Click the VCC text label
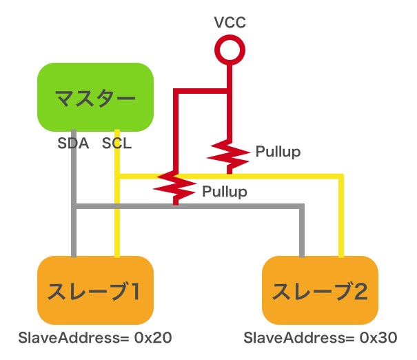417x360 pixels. (230, 23)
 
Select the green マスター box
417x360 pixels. (95, 97)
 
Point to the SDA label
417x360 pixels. (73, 145)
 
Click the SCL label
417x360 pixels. (116, 145)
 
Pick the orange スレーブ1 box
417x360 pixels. (95, 290)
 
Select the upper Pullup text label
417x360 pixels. (277, 152)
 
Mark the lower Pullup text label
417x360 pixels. (224, 191)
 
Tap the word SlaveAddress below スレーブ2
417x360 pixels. (291, 338)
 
